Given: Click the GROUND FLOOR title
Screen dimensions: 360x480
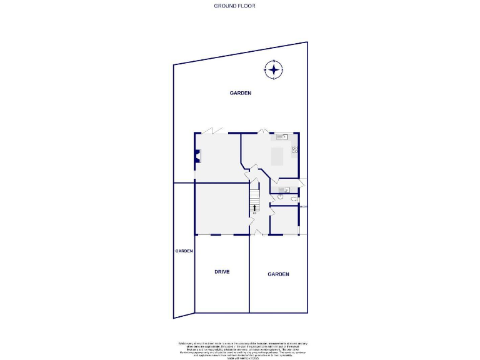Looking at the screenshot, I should click(x=234, y=6).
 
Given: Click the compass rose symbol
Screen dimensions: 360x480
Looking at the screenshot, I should click(x=274, y=69).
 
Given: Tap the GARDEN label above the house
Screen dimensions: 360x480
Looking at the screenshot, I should click(x=240, y=93).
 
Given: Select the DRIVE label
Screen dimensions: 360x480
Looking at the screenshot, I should click(x=222, y=272).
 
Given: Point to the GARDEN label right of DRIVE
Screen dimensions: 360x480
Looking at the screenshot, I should click(x=278, y=274).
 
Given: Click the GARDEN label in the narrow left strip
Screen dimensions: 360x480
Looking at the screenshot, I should click(x=184, y=251).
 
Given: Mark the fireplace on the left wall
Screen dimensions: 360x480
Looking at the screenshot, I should click(x=197, y=157).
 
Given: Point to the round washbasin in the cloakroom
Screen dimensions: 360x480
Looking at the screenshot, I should click(x=281, y=197).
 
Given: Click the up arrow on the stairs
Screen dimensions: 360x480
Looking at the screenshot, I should click(x=254, y=207).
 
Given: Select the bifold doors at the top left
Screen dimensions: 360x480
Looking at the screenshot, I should click(x=212, y=131).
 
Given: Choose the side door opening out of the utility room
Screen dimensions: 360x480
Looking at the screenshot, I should click(x=301, y=183).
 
